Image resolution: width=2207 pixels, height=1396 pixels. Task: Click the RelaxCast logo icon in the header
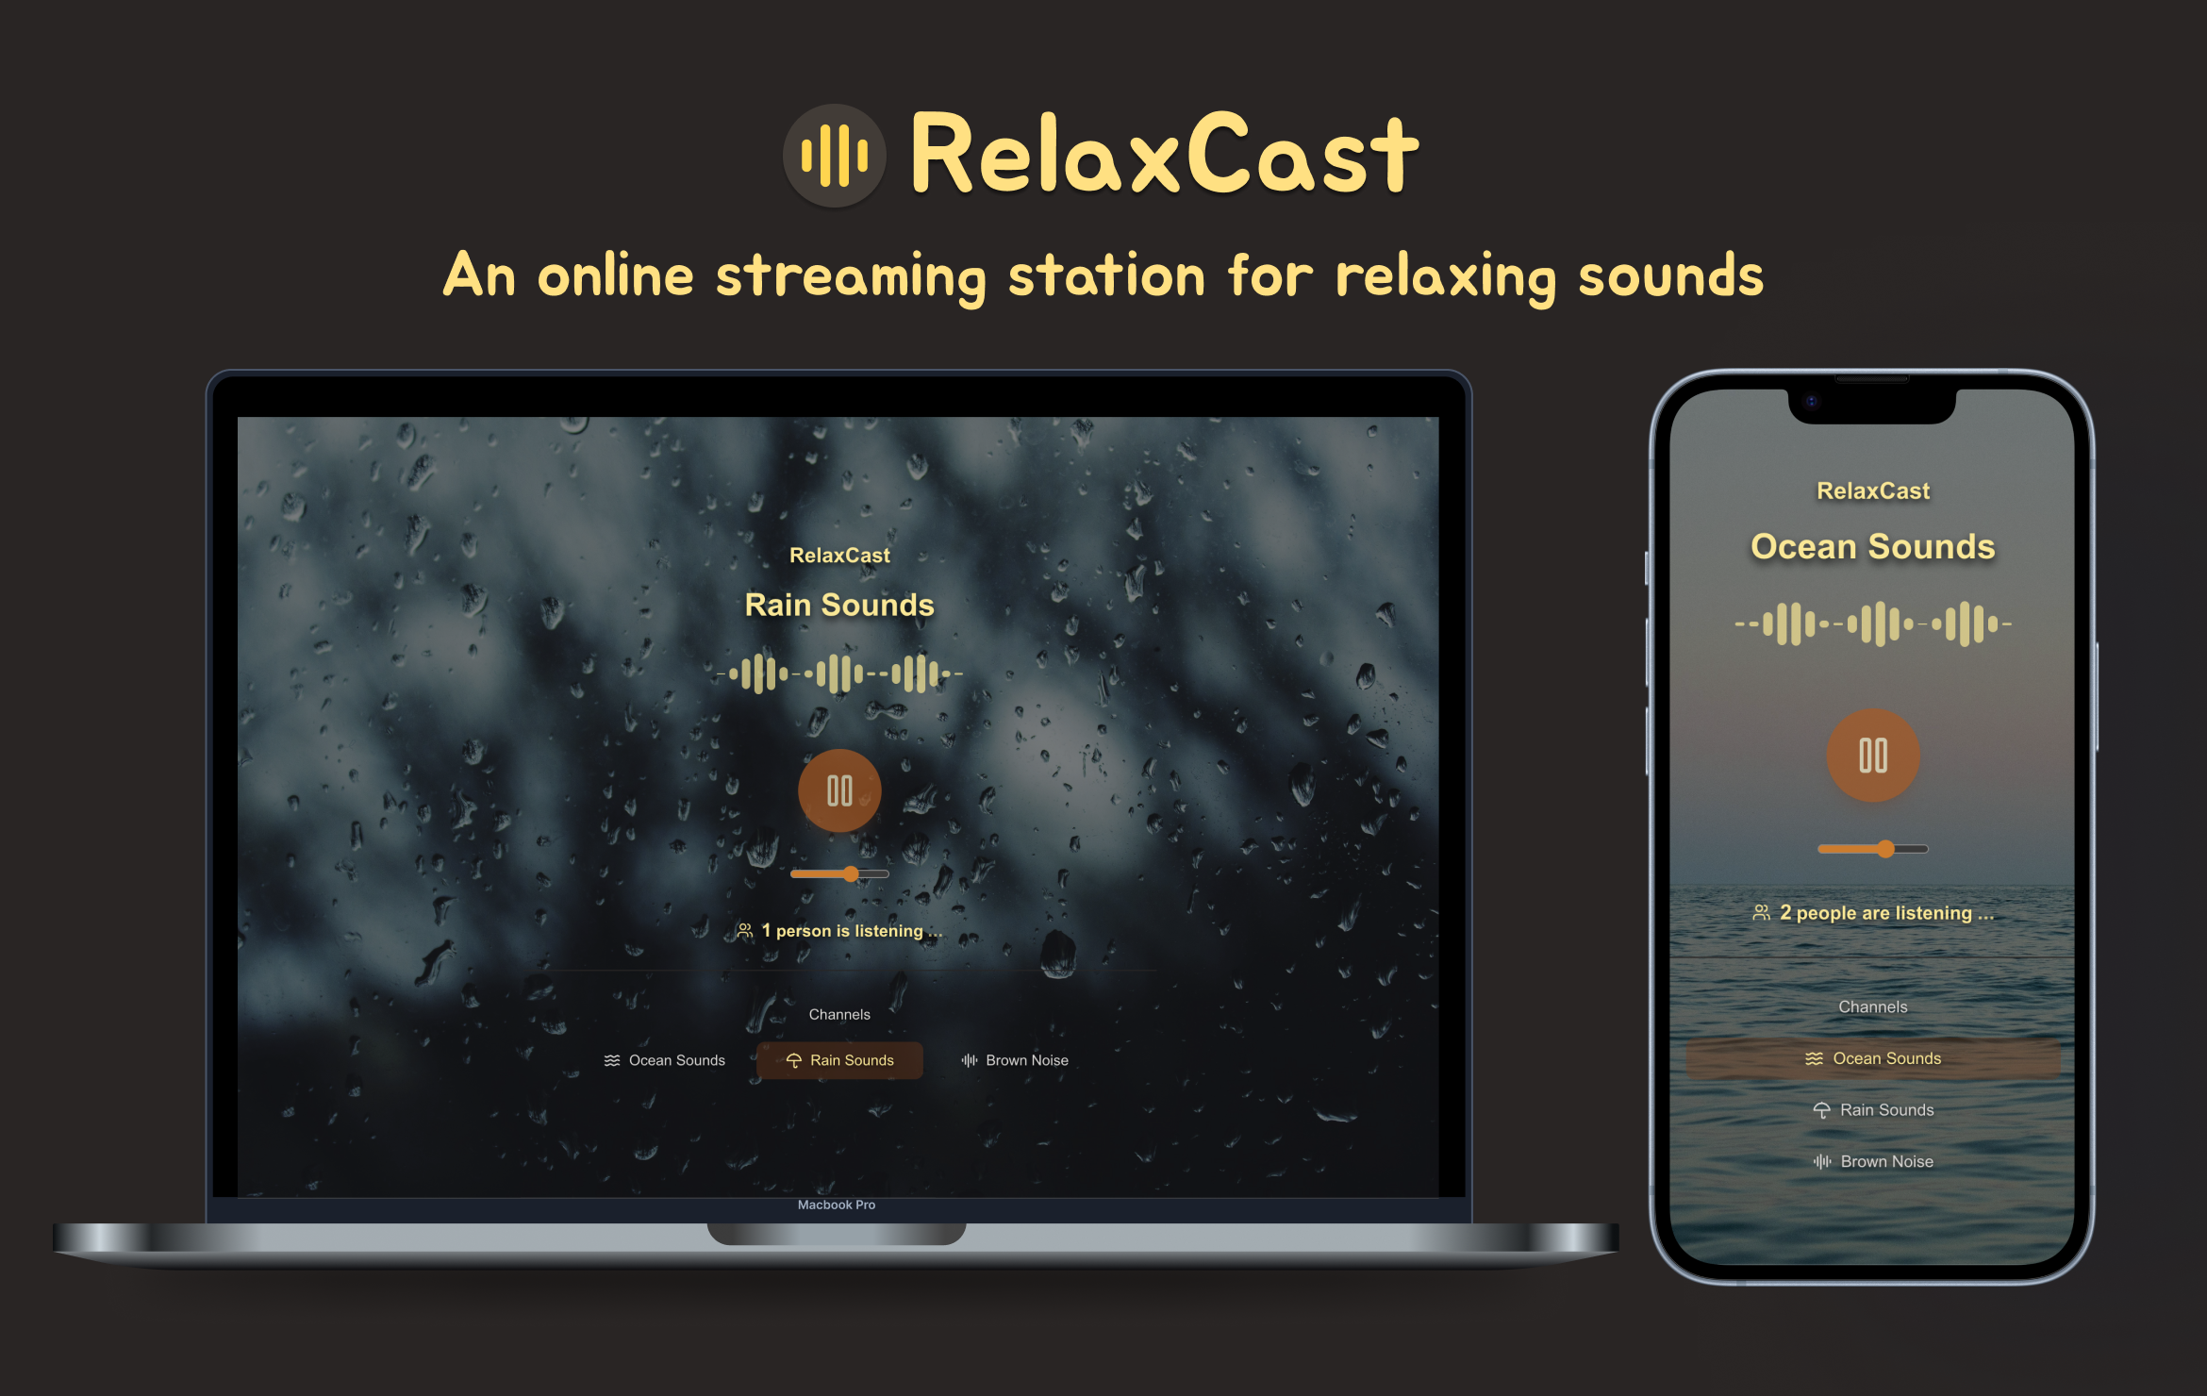[x=835, y=156]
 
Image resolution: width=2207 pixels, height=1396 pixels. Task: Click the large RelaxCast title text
[x=1165, y=153]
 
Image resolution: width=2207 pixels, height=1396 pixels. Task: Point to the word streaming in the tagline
[x=851, y=277]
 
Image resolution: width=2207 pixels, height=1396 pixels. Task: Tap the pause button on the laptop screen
[x=839, y=790]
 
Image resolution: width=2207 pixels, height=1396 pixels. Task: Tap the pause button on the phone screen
[x=1873, y=756]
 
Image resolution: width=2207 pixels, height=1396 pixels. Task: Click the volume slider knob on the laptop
[x=852, y=874]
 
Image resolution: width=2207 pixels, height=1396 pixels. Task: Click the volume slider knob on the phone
[x=1885, y=849]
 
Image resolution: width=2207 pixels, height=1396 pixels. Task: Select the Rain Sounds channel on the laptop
[x=839, y=1060]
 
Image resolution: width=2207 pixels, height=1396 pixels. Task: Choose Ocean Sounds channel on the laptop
[x=665, y=1060]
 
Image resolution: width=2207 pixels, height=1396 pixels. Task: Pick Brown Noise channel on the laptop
[x=1015, y=1060]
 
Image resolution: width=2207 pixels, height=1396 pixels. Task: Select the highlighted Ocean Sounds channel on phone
[x=1873, y=1058]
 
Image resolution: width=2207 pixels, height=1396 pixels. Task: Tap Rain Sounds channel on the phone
[x=1873, y=1110]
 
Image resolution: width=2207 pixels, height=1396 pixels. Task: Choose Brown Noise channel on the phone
[x=1873, y=1162]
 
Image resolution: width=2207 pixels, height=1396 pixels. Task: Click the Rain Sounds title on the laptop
[x=839, y=605]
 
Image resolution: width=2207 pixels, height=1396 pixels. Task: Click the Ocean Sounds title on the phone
[x=1873, y=546]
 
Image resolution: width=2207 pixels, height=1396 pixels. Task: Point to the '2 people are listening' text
[x=1874, y=913]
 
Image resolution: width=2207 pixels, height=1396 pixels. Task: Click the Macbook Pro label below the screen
[x=837, y=1205]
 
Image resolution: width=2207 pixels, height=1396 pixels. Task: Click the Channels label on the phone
[x=1873, y=1006]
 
